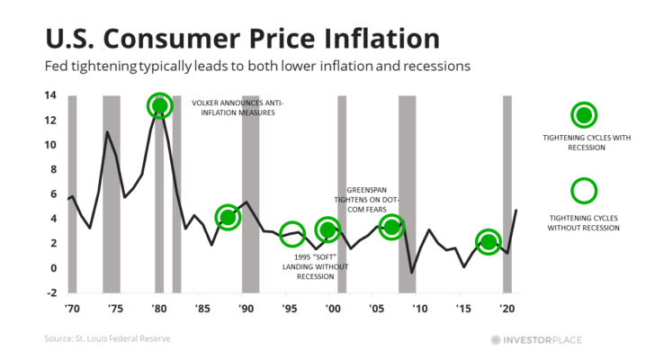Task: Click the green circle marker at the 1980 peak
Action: (160, 106)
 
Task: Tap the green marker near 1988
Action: (229, 217)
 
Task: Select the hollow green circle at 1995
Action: (292, 233)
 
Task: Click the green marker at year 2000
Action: (328, 229)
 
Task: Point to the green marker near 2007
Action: (391, 226)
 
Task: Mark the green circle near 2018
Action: (489, 242)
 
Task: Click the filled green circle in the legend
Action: (584, 114)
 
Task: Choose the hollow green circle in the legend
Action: (584, 190)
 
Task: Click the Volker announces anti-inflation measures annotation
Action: (238, 108)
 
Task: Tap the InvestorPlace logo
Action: (548, 339)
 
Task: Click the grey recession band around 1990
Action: (250, 193)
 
